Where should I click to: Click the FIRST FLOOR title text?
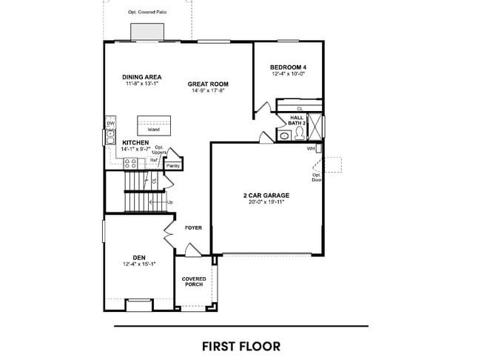click(240, 345)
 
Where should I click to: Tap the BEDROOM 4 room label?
click(289, 67)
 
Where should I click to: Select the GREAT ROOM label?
click(207, 84)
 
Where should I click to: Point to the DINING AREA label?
click(141, 77)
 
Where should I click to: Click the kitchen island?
click(154, 124)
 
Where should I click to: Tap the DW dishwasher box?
click(110, 124)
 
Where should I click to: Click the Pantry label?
click(173, 166)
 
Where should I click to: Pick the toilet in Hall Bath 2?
click(299, 134)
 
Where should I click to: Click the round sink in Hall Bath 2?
click(283, 135)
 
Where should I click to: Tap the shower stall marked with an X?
click(316, 126)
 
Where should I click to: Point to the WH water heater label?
click(311, 149)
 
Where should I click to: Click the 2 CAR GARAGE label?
click(266, 196)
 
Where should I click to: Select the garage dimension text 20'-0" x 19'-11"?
click(266, 202)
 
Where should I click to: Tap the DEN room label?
click(138, 257)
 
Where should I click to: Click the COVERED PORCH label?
click(194, 281)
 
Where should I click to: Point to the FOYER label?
click(193, 228)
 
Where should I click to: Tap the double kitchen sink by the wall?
click(110, 135)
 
